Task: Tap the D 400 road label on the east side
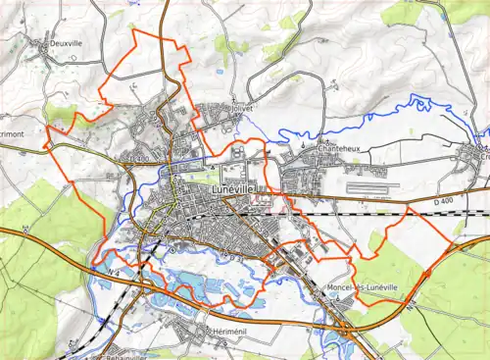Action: click(444, 202)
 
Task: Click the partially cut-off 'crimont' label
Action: click(18, 130)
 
